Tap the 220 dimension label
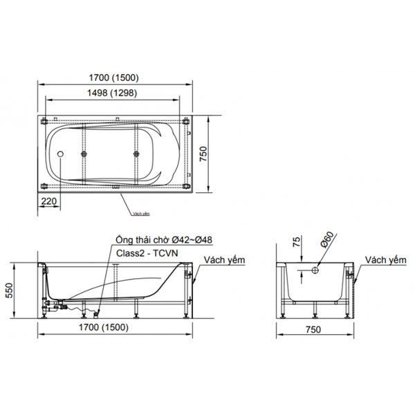tap(48, 201)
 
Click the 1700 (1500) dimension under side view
tap(113, 326)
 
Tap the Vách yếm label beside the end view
tap(385, 260)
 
